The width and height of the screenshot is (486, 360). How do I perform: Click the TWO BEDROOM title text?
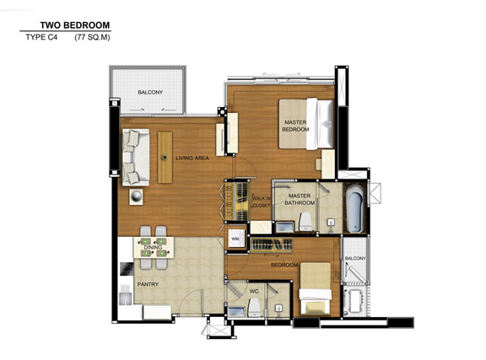75,25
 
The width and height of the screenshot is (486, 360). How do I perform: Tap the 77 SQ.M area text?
92,37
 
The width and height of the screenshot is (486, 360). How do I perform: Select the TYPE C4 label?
41,37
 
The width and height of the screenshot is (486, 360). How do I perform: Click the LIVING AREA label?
192,158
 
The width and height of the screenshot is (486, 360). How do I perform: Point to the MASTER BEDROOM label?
295,126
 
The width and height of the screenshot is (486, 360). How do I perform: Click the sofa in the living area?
136,157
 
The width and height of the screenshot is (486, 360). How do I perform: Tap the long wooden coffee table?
165,158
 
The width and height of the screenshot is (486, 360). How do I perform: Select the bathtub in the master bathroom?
355,208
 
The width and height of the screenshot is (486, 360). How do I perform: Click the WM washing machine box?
236,239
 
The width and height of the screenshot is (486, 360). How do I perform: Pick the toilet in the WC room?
254,308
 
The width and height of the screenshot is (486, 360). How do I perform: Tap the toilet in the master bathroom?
305,222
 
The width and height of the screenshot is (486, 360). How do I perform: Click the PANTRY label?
148,284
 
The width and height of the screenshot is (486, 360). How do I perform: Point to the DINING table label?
153,247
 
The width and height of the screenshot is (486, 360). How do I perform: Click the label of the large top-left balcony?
150,93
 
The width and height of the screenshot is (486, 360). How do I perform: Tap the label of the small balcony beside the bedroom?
355,258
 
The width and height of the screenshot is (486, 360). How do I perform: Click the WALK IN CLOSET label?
262,201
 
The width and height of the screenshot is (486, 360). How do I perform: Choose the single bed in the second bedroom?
316,288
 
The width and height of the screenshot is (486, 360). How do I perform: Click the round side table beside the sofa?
136,196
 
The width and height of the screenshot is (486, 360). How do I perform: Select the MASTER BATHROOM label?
300,199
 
